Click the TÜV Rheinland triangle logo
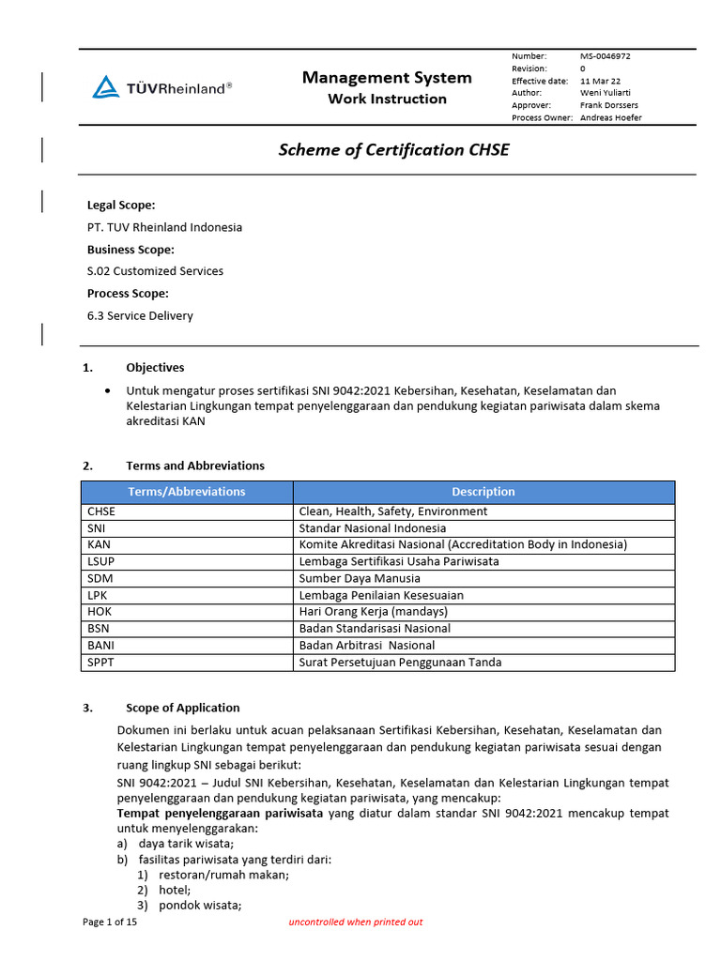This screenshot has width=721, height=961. click(x=106, y=87)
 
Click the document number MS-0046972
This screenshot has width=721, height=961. click(x=605, y=56)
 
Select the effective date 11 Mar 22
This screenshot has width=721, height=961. click(x=600, y=81)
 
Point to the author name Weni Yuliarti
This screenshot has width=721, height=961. click(x=606, y=93)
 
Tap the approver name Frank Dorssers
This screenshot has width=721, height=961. click(x=608, y=105)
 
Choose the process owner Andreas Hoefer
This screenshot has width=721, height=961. click(x=610, y=117)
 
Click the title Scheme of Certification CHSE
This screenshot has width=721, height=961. click(x=393, y=150)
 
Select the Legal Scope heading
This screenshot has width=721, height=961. click(x=121, y=205)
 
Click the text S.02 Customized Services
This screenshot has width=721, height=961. click(x=155, y=271)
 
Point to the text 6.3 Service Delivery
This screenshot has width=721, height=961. click(x=140, y=316)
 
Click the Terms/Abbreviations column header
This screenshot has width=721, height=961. click(x=187, y=492)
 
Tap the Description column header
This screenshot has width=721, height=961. click(x=483, y=492)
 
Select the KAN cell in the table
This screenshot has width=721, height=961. click(x=99, y=544)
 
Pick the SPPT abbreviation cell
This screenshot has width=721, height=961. click(x=100, y=663)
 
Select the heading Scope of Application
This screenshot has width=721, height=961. click(x=182, y=708)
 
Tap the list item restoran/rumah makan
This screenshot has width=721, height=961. click(x=223, y=875)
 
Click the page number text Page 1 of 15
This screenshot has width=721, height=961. click(x=110, y=923)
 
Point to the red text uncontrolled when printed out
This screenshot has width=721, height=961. click(x=355, y=923)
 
